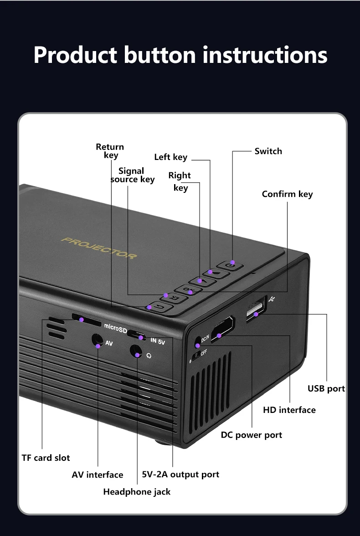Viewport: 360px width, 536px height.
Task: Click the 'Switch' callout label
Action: (x=268, y=151)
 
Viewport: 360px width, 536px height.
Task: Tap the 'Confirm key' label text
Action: (x=287, y=194)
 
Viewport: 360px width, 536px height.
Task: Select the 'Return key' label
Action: (x=110, y=151)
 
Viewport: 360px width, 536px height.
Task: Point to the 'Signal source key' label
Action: (x=132, y=175)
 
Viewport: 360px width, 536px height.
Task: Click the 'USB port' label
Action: (x=326, y=389)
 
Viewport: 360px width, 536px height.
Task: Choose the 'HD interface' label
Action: (x=289, y=410)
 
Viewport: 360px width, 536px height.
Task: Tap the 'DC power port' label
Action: (x=251, y=435)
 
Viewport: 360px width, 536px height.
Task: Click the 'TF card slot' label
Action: (x=46, y=458)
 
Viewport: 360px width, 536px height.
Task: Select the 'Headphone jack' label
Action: (x=137, y=491)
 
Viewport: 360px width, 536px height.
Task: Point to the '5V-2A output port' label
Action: (x=180, y=474)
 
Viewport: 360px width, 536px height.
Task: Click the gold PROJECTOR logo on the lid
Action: (x=99, y=247)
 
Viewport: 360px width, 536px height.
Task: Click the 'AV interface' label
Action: (x=97, y=474)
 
